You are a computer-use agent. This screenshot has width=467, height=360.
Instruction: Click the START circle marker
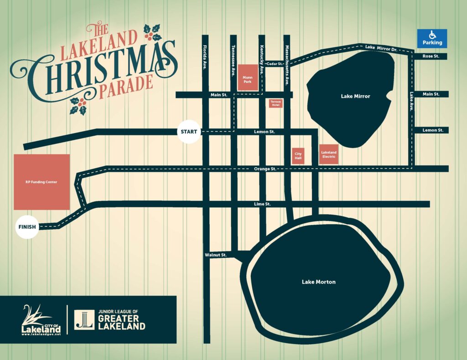189,132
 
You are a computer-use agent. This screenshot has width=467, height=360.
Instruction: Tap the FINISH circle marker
27,227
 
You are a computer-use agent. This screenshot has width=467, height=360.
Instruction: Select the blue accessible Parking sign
432,38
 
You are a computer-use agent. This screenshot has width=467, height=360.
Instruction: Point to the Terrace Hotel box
275,103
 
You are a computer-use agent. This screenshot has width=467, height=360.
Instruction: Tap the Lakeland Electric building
328,154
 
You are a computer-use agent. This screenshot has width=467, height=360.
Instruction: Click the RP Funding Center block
42,182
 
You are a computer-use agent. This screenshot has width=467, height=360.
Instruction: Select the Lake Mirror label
355,96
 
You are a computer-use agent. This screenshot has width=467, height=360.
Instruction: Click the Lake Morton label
318,282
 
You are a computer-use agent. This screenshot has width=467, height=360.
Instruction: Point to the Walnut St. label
216,255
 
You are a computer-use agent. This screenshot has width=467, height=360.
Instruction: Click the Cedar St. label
275,64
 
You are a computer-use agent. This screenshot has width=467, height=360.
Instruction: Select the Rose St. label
430,57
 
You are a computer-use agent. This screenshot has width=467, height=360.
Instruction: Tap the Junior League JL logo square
85,319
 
